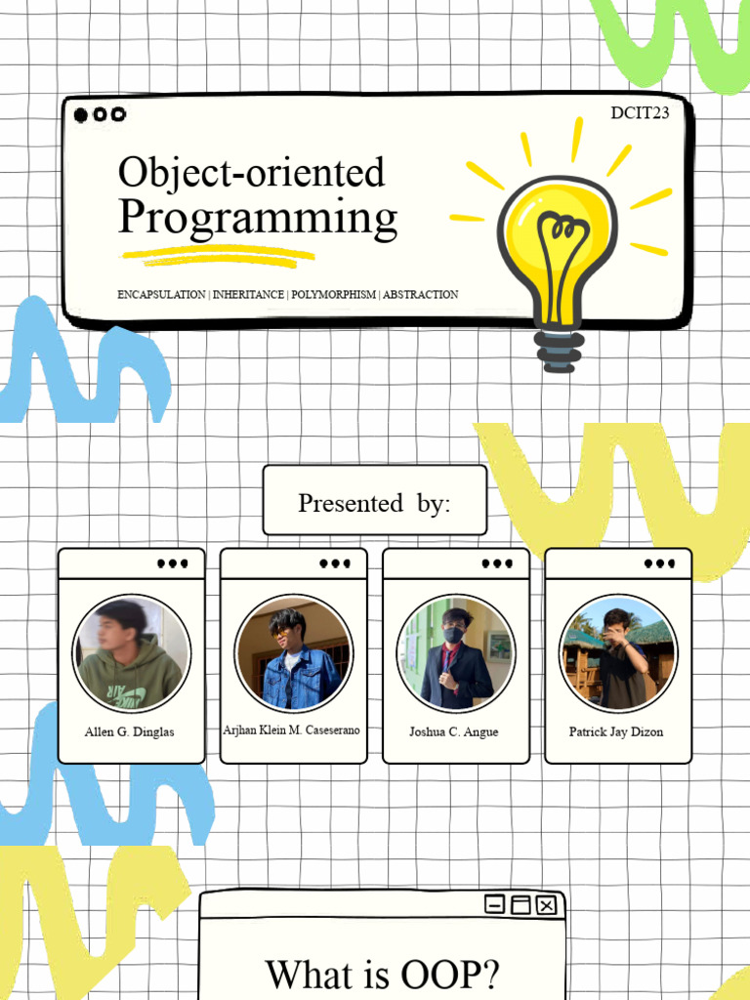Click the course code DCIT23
point(640,113)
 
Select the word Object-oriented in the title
point(251,172)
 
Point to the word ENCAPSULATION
point(161,294)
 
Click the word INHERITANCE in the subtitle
point(248,294)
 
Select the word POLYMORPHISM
point(333,294)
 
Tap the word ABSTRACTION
point(420,294)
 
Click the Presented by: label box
point(374,501)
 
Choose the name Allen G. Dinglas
point(130,731)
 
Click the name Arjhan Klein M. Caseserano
point(292,729)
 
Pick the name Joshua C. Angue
point(454,731)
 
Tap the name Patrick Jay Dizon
point(616,731)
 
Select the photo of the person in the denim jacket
point(293,652)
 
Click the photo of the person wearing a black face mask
point(455,652)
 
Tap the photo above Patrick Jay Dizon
point(617,652)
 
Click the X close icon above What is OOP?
point(546,905)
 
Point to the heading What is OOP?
point(382,974)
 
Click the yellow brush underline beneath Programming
point(219,257)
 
